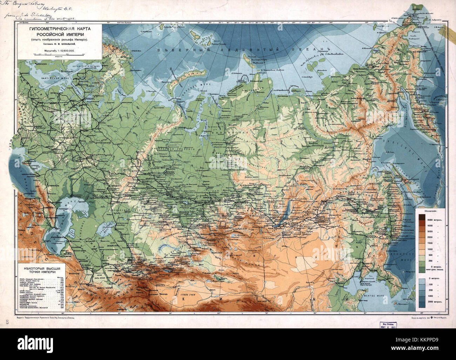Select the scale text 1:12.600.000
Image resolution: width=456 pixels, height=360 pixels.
[x=65, y=51]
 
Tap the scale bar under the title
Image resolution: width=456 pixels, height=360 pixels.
[x=58, y=55]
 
